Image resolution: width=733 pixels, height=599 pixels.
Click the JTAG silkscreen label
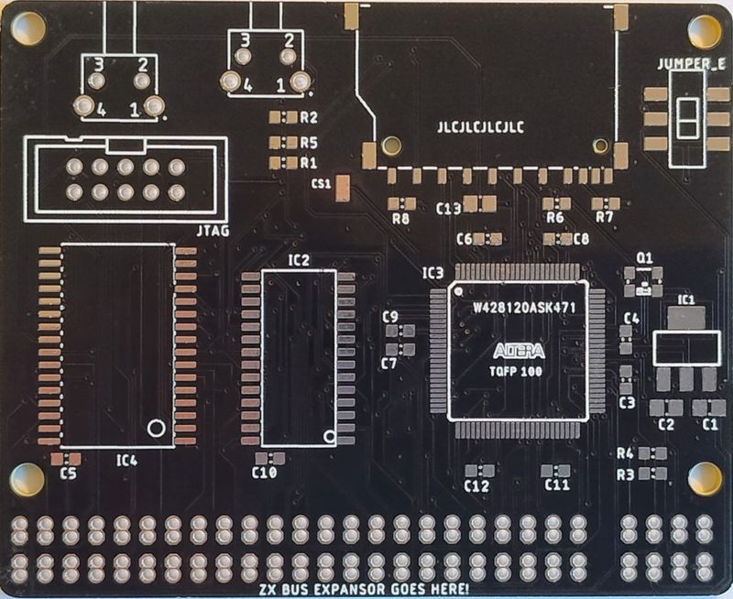(213, 231)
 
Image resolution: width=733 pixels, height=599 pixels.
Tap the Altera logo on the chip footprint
(519, 351)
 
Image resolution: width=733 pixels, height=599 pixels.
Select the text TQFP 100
(519, 372)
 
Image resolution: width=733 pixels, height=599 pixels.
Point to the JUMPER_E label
(692, 63)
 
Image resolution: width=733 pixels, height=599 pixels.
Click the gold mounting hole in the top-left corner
(27, 29)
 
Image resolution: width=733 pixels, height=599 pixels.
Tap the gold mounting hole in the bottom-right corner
(705, 477)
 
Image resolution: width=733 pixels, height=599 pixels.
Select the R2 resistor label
(308, 118)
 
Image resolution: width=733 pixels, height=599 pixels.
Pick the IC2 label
(299, 260)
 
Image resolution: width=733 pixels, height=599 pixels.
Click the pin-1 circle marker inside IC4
(156, 428)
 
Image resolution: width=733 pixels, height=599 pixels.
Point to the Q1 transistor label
(644, 257)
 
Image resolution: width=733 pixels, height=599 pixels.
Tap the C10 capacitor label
(265, 473)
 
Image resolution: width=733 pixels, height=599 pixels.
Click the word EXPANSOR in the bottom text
(347, 588)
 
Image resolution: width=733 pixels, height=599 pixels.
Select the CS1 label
(321, 184)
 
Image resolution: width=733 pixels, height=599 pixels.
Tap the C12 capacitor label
(476, 485)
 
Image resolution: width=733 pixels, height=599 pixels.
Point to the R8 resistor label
(400, 218)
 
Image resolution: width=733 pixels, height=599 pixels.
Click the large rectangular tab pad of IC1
(685, 318)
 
